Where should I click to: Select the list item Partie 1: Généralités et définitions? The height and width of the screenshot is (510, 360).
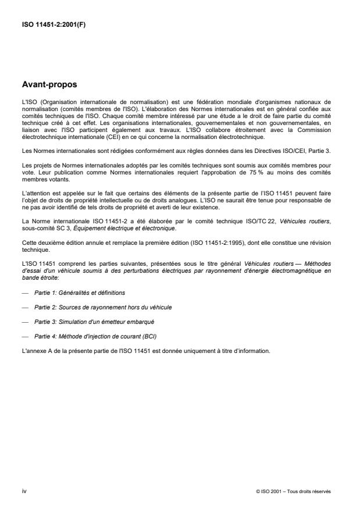[x=80, y=293]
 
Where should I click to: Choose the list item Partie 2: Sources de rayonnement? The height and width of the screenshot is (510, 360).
[x=95, y=306]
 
